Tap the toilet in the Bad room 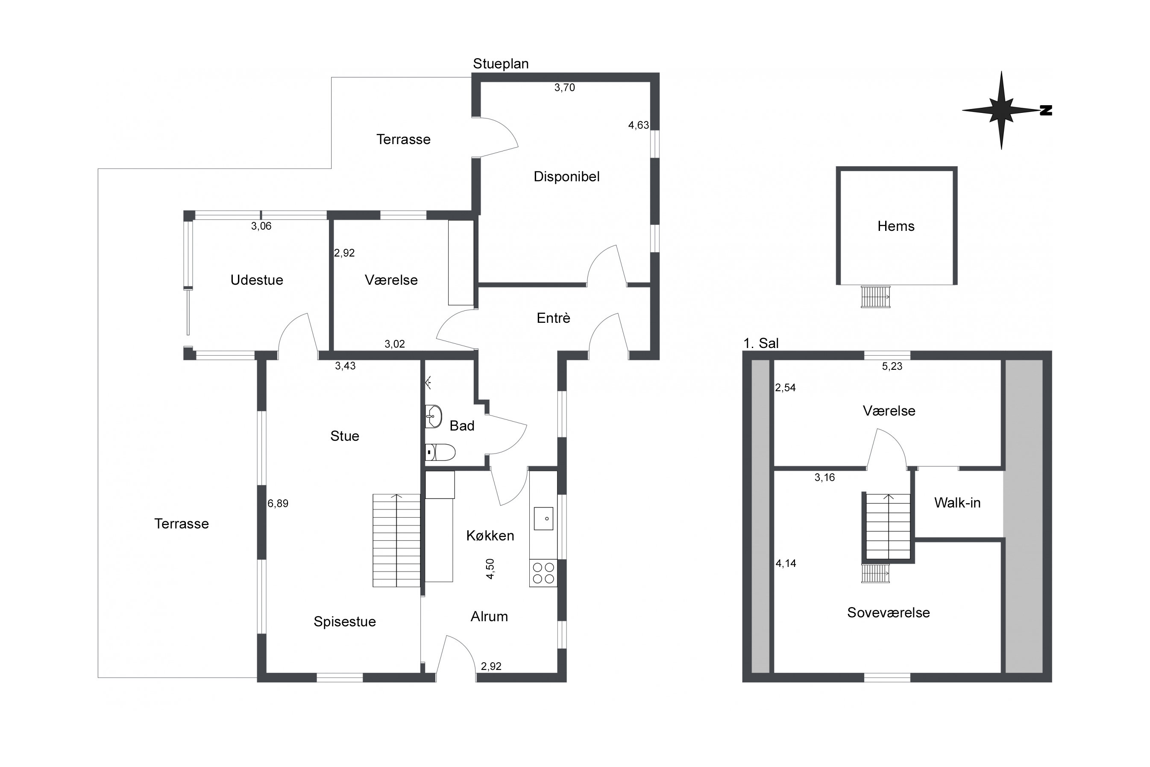coord(440,452)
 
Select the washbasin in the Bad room coord(433,416)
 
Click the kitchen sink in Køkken coord(543,519)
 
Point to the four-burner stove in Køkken coord(543,573)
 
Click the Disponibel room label coord(566,177)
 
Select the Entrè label coord(553,318)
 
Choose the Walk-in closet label coord(957,502)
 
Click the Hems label coord(896,226)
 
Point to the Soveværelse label coord(888,612)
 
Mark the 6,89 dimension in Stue coord(278,503)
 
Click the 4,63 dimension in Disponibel coord(638,125)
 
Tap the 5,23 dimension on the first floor coord(892,366)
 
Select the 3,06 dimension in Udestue coord(261,226)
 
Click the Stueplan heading coord(501,64)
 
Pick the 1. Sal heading coord(761,343)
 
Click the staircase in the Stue coord(396,540)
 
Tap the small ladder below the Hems coord(875,297)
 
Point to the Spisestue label coord(345,621)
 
